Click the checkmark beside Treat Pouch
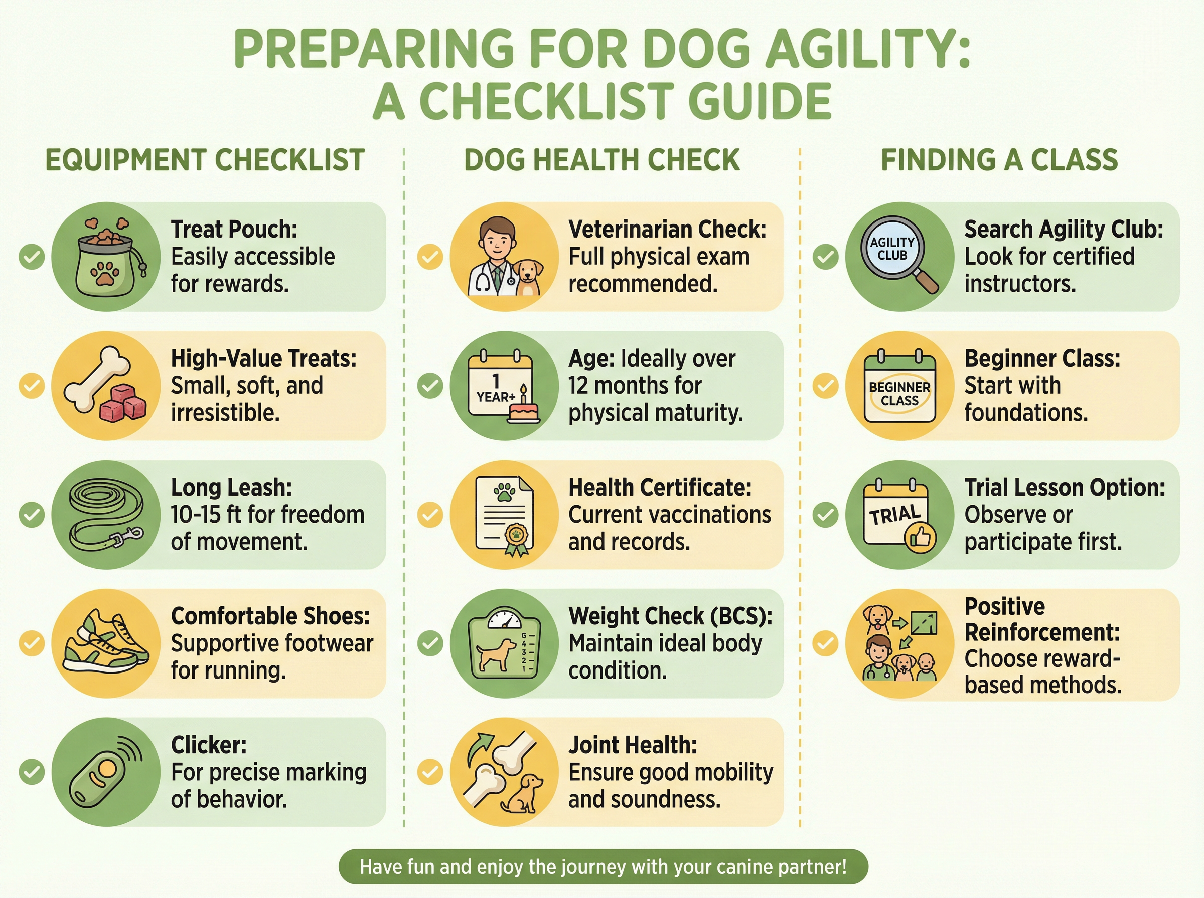32,257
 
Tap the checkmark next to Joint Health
430,772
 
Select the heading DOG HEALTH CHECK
601,160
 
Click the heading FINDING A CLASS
999,160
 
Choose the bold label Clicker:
209,745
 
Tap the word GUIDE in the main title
760,102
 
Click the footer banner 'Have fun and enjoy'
604,866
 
